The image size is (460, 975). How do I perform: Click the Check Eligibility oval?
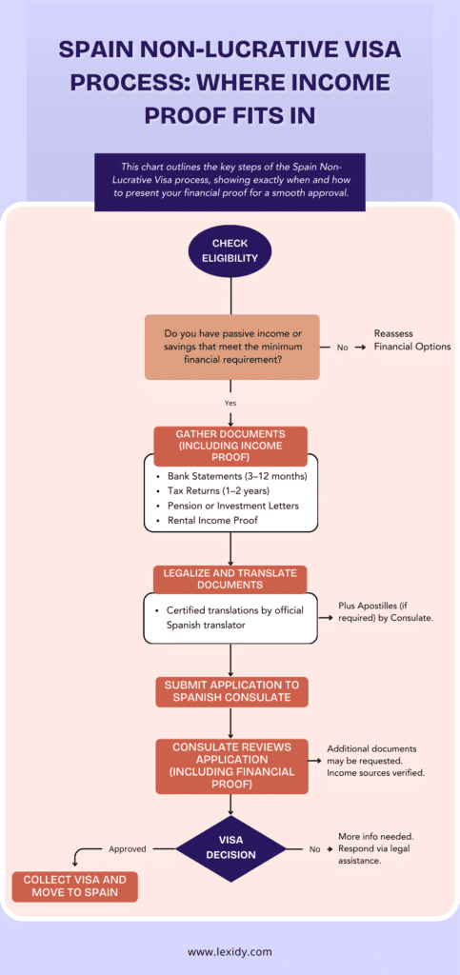click(x=230, y=250)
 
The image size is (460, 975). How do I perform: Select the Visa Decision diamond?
click(x=230, y=847)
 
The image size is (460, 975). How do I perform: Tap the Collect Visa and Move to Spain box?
click(x=74, y=886)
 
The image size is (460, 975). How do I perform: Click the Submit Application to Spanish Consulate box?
click(x=231, y=691)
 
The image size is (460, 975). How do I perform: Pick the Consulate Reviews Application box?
click(x=231, y=766)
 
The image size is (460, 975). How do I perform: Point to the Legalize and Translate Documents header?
click(x=230, y=579)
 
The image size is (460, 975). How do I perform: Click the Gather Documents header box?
click(x=230, y=446)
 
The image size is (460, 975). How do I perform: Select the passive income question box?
click(x=231, y=347)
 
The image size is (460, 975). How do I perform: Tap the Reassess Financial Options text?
click(x=411, y=340)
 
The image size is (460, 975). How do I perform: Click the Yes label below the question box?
click(x=230, y=403)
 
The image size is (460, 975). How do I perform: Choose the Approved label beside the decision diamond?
click(x=128, y=848)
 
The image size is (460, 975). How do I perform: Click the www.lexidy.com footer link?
click(x=230, y=951)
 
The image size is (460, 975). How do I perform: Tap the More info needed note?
click(x=374, y=848)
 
